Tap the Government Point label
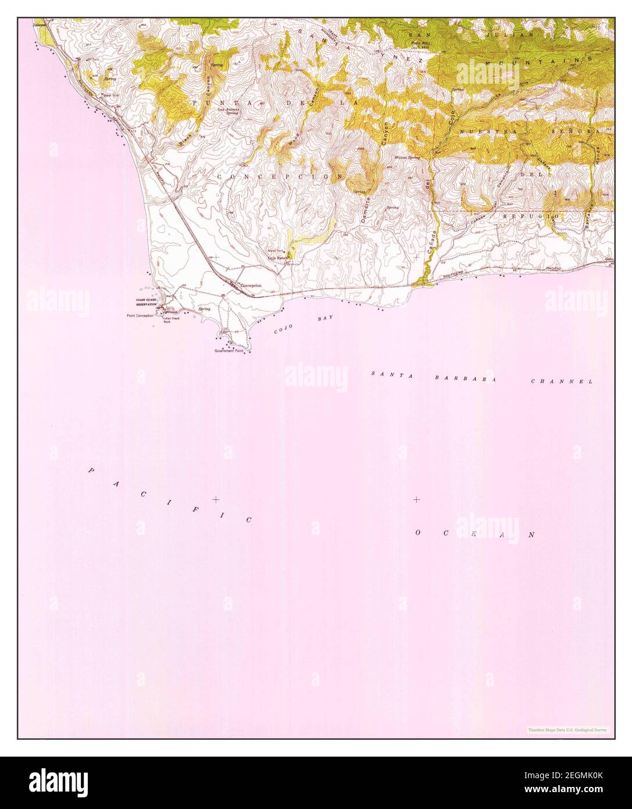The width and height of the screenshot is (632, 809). point(230,351)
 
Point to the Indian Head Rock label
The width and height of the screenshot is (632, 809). point(170,320)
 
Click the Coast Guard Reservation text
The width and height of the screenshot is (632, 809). point(147,302)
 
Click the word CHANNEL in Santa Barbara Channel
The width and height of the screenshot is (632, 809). point(561,381)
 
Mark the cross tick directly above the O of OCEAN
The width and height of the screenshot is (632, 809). point(416,499)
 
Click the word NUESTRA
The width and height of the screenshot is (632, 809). point(480,132)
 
